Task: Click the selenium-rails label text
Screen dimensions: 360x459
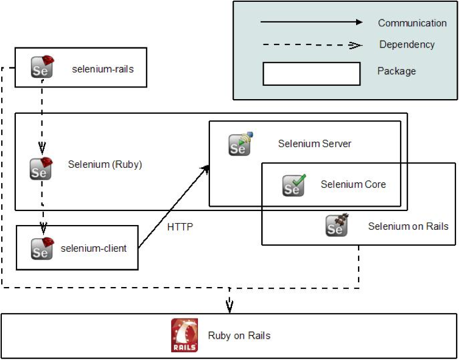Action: click(x=102, y=69)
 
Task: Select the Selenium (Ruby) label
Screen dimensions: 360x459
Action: click(x=105, y=164)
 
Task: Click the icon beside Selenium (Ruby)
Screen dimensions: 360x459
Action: click(x=41, y=168)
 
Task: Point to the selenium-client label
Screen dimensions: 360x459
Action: click(x=94, y=248)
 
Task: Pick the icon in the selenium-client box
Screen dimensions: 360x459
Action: click(x=42, y=248)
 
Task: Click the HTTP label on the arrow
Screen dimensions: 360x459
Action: click(x=180, y=227)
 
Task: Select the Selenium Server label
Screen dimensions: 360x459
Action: click(x=315, y=144)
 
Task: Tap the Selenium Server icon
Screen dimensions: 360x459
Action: click(x=240, y=144)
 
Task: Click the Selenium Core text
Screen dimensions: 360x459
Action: click(x=353, y=184)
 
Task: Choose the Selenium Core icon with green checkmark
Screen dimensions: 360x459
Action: click(x=293, y=185)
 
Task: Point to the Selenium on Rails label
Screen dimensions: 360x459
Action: click(x=408, y=226)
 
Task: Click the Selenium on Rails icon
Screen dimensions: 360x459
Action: click(x=336, y=226)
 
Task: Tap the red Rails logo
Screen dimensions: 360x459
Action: click(x=184, y=335)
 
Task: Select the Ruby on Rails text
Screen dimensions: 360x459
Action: click(x=239, y=335)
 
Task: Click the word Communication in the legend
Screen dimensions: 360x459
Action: click(x=412, y=23)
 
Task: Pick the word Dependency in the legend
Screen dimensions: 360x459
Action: click(x=407, y=44)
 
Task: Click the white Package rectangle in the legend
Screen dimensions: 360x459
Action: click(x=311, y=73)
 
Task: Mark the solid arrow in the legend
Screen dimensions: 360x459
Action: click(x=311, y=22)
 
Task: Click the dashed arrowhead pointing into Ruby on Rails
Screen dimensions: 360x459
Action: click(x=229, y=306)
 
